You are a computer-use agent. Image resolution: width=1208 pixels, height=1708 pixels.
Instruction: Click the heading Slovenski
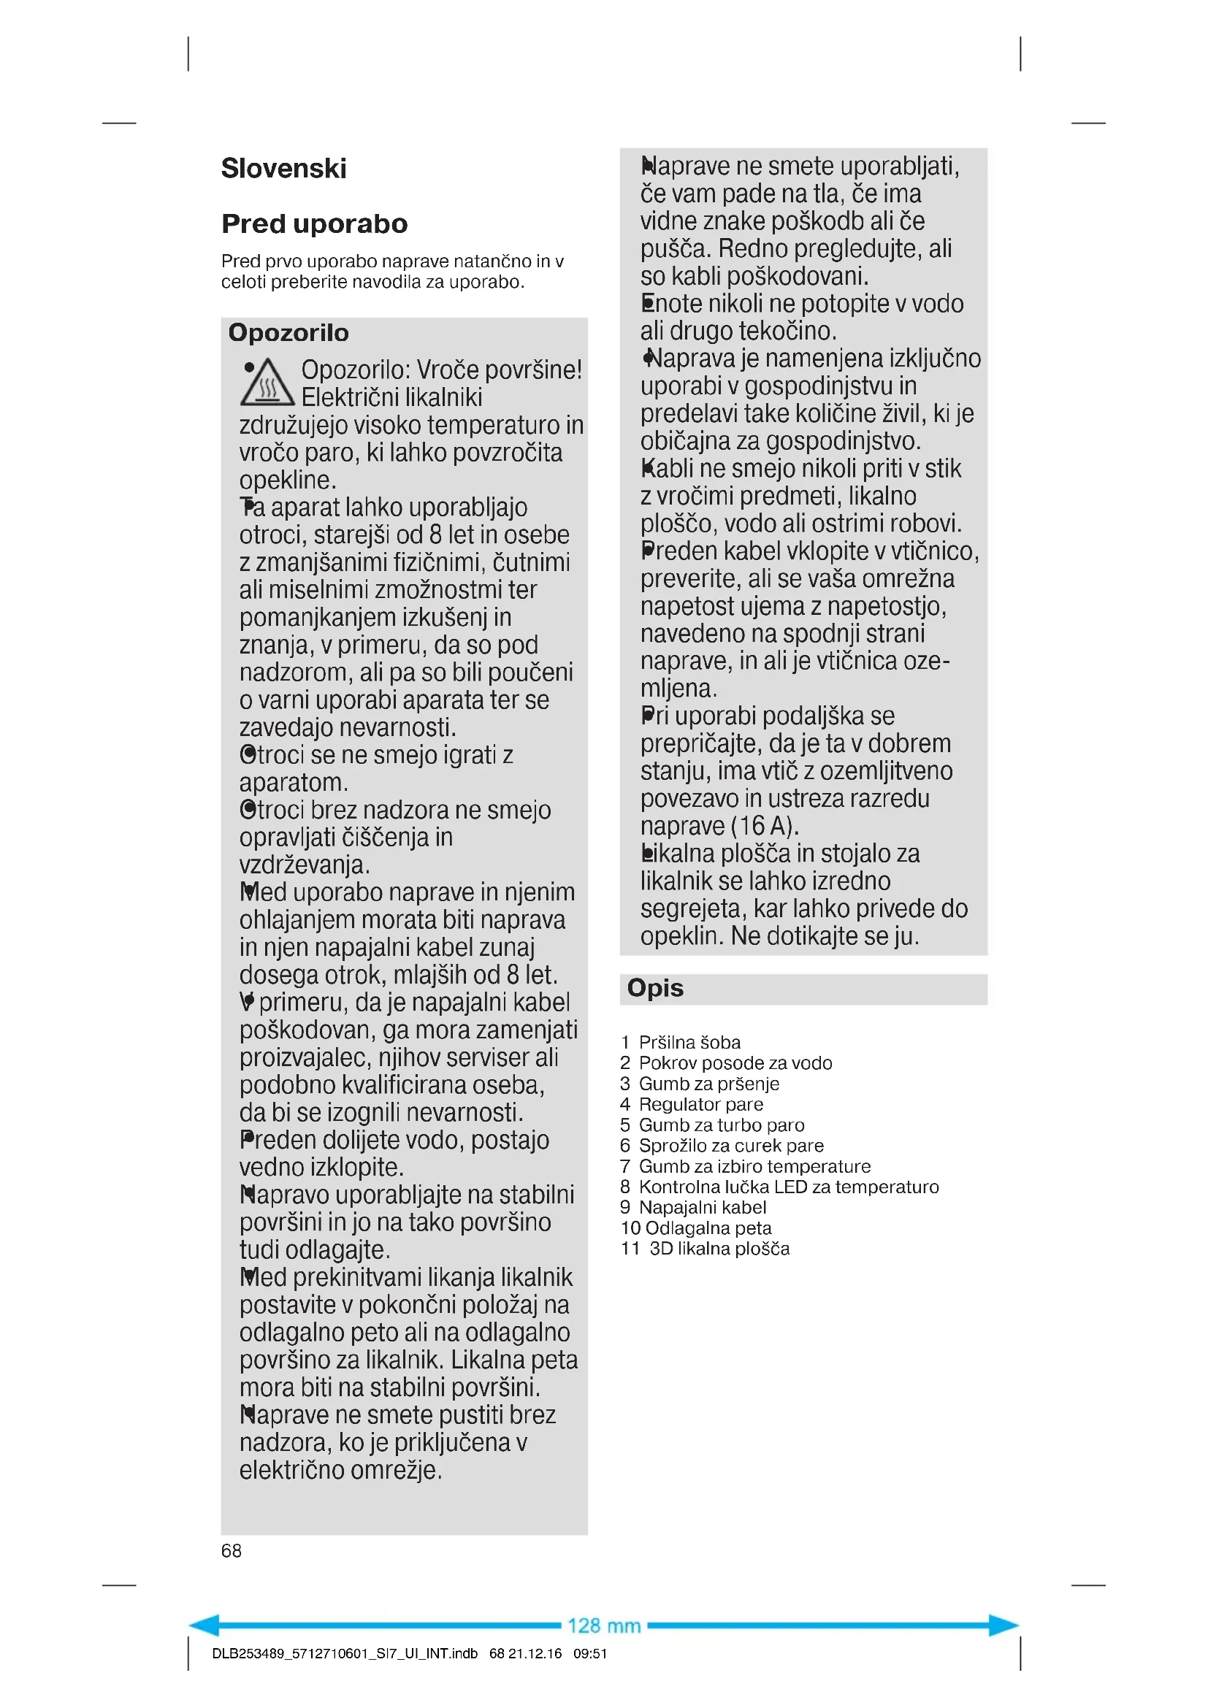pos(283,169)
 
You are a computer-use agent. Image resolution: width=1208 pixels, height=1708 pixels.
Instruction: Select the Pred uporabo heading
pos(314,224)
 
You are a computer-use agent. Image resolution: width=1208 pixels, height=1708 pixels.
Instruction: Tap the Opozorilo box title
pos(288,332)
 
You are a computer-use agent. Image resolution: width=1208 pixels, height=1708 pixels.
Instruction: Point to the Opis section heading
pos(654,988)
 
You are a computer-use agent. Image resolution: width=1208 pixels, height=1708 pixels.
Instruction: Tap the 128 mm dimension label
pos(603,1625)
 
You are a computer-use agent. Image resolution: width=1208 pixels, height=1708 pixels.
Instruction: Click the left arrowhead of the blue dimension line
pos(204,1625)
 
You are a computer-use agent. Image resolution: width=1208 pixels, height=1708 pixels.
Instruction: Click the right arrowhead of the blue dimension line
pos(1004,1625)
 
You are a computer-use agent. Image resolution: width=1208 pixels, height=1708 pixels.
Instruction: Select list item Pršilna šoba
pos(689,1042)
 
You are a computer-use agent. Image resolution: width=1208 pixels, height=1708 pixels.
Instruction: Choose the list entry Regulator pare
pos(700,1104)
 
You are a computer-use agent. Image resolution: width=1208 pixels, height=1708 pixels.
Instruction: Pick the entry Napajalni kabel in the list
pos(702,1207)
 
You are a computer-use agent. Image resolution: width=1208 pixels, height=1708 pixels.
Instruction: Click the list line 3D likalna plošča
pos(719,1248)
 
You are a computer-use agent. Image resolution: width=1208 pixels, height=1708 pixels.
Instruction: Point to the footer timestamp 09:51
pos(590,1654)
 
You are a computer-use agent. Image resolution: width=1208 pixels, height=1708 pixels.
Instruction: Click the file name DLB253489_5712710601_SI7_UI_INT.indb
pos(345,1654)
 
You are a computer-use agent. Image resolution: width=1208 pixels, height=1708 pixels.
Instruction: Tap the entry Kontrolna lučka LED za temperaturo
pos(789,1187)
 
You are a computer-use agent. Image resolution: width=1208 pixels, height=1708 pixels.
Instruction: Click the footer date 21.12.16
pos(535,1654)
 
